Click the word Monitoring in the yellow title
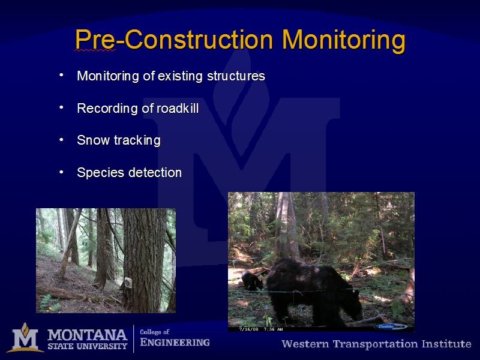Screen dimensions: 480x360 (344, 41)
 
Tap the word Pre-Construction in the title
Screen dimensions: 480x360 (174, 40)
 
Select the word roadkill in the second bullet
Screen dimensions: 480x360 (178, 109)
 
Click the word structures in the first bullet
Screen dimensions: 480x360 (236, 76)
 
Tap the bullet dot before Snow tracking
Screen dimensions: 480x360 (61, 140)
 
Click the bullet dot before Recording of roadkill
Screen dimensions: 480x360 (61, 107)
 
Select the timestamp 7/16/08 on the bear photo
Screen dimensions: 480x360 (248, 329)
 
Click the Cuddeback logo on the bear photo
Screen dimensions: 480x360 (392, 326)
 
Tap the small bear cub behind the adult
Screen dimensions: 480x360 (252, 280)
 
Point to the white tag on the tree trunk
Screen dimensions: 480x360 (128, 283)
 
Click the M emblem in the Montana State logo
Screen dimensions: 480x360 (25, 337)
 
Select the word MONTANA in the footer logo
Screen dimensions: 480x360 (87, 335)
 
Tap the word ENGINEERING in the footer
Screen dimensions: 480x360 (175, 342)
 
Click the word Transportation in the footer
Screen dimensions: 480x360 (376, 344)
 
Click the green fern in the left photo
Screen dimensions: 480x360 (49, 304)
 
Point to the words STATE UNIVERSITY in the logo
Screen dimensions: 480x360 (87, 346)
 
